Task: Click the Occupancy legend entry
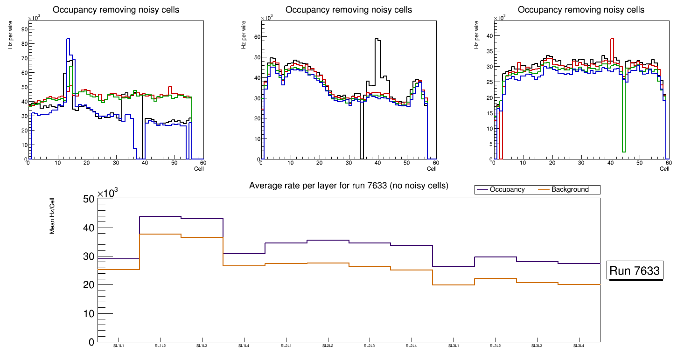click(x=507, y=190)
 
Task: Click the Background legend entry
click(x=570, y=190)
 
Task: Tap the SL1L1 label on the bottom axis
click(x=119, y=346)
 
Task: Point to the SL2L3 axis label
click(x=370, y=346)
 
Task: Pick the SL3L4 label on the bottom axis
click(x=579, y=346)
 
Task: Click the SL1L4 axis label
click(x=244, y=346)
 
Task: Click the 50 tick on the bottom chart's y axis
click(x=89, y=200)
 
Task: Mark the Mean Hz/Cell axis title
click(x=53, y=217)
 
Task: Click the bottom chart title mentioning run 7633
click(x=349, y=186)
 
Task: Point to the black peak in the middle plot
click(x=377, y=40)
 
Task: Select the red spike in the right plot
click(x=612, y=39)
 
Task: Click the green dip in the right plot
click(x=624, y=149)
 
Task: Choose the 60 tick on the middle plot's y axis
click(x=257, y=36)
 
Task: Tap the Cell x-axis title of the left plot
click(x=199, y=168)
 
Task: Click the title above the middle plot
click(x=349, y=10)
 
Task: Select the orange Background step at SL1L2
click(x=160, y=234)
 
